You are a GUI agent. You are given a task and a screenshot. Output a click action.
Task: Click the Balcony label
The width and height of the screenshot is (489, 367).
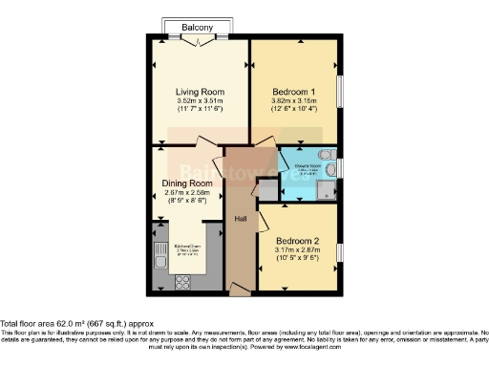(x=198, y=28)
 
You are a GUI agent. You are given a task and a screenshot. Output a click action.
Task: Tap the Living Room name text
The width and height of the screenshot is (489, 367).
(x=198, y=91)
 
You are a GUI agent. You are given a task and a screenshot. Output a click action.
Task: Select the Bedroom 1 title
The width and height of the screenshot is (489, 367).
(x=293, y=90)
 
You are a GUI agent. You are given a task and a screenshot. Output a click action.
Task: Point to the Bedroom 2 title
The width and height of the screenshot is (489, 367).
(x=297, y=240)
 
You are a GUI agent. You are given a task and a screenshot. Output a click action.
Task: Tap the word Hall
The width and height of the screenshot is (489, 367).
(x=242, y=218)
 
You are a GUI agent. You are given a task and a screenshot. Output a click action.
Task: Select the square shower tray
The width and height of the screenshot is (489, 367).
(x=328, y=190)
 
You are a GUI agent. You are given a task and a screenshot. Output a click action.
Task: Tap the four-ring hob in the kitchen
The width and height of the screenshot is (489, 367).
(x=181, y=281)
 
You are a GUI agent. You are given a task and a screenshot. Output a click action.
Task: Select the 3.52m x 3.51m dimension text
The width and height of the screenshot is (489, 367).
(x=198, y=101)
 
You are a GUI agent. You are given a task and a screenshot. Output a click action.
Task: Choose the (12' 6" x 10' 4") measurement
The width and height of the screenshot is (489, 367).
(x=293, y=111)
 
